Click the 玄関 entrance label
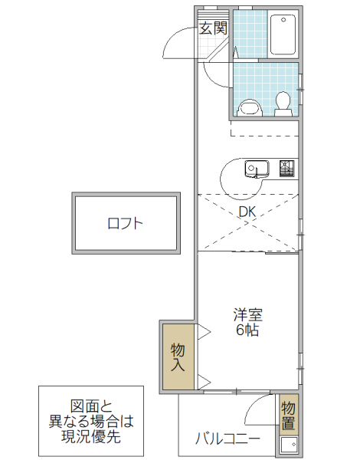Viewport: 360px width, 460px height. click(x=213, y=28)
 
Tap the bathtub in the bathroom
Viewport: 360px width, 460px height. click(x=283, y=34)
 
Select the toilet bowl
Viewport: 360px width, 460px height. click(x=283, y=102)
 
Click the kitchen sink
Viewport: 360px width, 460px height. click(x=255, y=167)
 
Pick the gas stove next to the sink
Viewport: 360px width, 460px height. click(x=286, y=166)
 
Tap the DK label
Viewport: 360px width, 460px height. click(x=247, y=212)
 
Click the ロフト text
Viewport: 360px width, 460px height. click(x=125, y=224)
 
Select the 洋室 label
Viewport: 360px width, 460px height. click(x=247, y=314)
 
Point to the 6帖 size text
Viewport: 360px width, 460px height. click(x=247, y=330)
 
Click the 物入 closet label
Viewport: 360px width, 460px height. click(x=178, y=356)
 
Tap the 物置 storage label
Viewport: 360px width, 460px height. click(x=288, y=415)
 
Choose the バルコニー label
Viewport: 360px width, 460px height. click(x=227, y=439)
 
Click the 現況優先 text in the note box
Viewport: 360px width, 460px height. click(x=91, y=437)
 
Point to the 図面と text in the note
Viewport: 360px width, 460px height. click(x=91, y=406)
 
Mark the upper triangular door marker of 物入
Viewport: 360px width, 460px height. click(x=204, y=331)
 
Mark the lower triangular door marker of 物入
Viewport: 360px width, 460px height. click(x=204, y=380)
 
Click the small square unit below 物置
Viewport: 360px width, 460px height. click(x=288, y=445)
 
